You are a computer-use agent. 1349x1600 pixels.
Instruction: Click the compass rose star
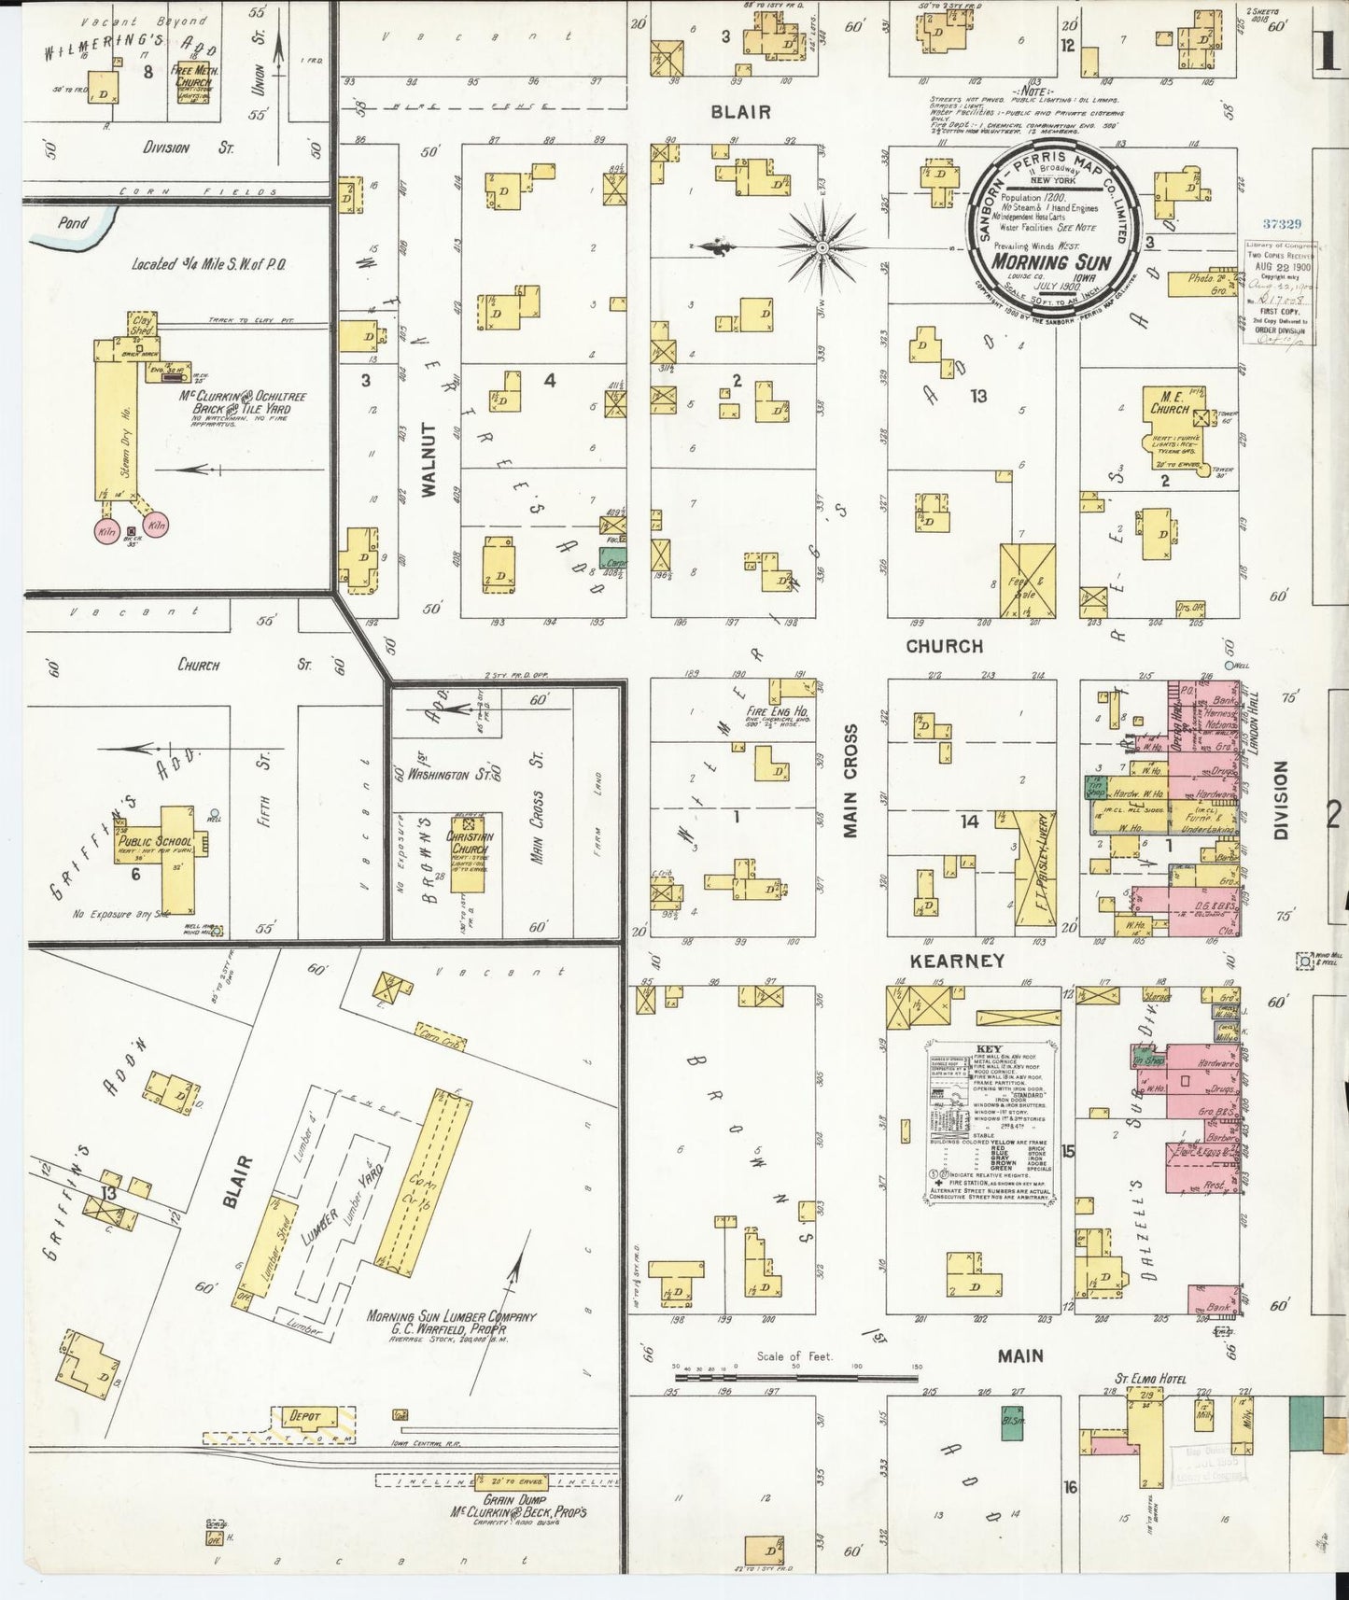[x=822, y=247]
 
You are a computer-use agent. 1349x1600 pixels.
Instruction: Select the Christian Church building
[x=470, y=846]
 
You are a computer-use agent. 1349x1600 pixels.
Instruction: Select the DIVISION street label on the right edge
[x=1280, y=799]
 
